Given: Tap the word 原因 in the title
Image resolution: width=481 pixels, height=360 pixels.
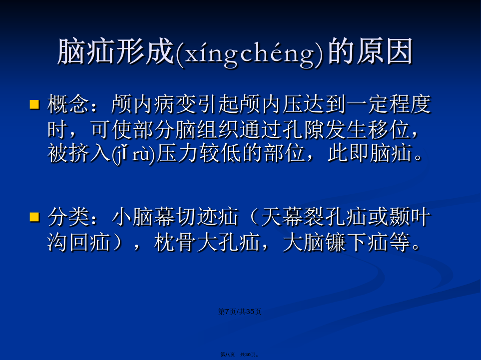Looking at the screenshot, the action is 385,51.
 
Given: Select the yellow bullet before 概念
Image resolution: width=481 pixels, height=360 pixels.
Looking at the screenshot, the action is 34,104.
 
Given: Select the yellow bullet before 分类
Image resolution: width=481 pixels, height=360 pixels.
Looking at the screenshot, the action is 34,217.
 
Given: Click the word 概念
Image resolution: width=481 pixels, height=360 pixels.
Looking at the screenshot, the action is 68,104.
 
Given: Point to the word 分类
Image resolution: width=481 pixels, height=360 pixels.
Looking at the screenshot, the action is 68,217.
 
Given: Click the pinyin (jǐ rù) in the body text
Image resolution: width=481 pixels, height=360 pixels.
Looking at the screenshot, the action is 133,154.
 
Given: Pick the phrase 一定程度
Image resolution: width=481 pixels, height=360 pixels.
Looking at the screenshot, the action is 389,104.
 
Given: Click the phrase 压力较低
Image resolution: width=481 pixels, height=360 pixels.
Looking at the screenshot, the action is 198,153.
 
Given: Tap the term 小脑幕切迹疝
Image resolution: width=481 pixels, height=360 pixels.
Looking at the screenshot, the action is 175,217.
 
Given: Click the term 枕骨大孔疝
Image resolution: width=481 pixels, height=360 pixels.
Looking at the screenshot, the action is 207,242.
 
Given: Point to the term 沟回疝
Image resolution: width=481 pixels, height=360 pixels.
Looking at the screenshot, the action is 79,242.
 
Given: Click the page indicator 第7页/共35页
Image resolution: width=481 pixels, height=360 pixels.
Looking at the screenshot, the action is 240,312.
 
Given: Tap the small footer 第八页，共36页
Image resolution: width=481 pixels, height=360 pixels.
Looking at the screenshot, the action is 240,355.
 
